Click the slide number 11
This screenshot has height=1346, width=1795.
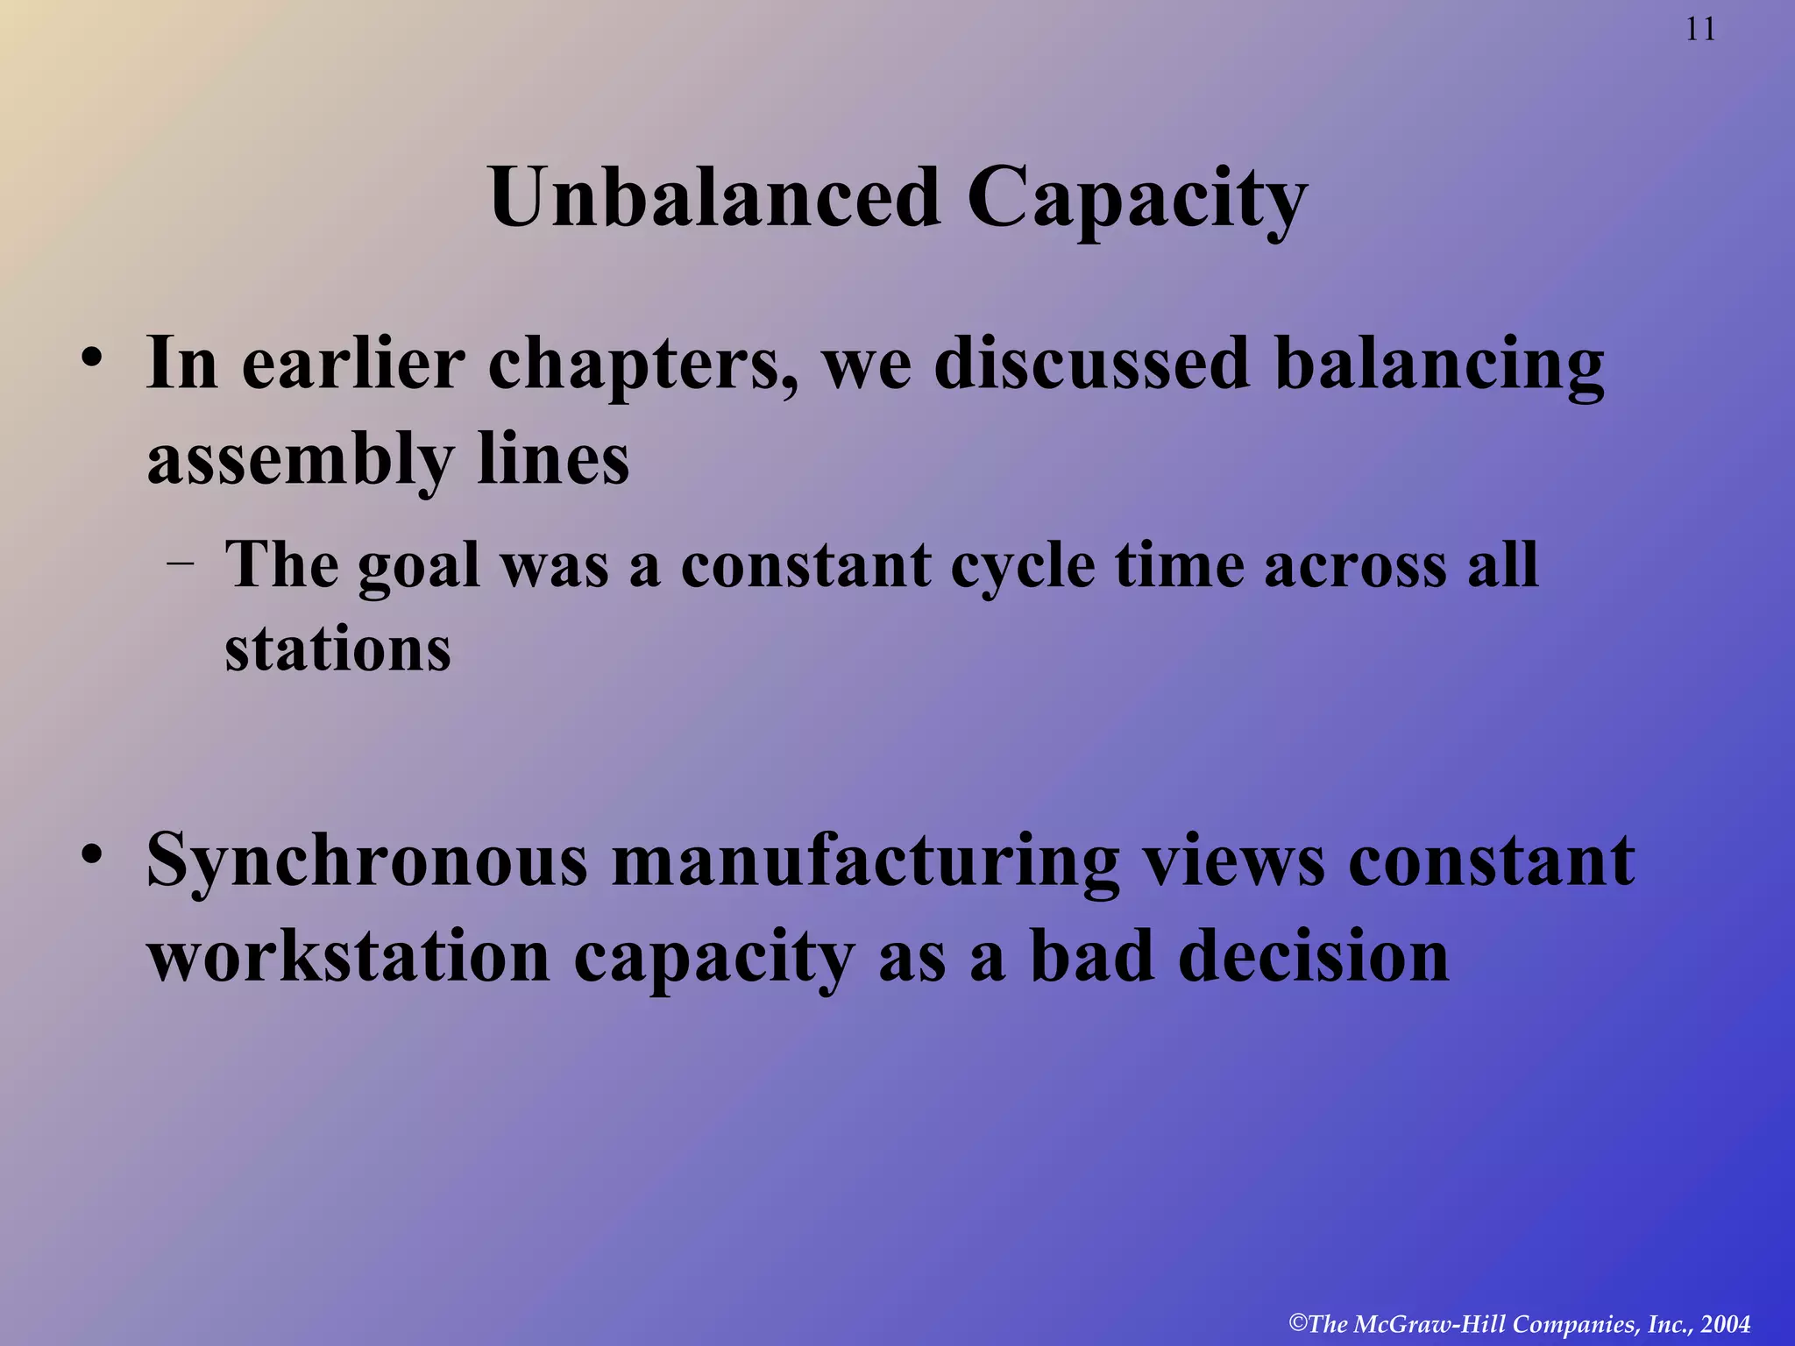[x=1700, y=30]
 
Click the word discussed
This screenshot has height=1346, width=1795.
[x=1091, y=363]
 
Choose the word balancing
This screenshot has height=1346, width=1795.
[x=1439, y=366]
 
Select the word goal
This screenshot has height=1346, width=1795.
[x=419, y=566]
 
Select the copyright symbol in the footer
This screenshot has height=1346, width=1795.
[x=1298, y=1322]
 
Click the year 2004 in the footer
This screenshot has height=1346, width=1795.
[x=1726, y=1324]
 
